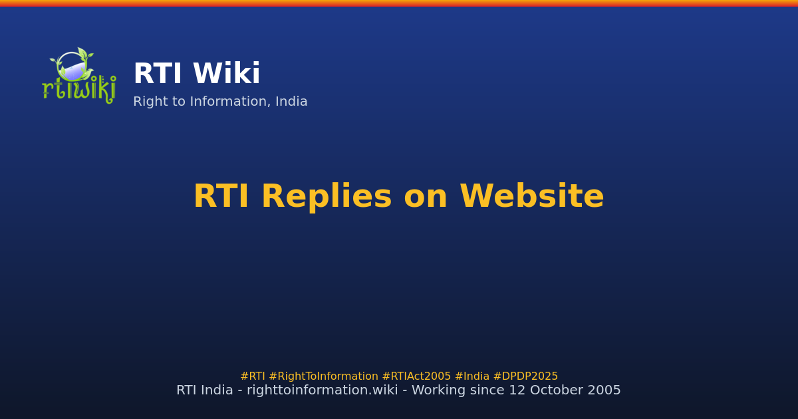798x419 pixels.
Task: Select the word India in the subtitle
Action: (x=291, y=102)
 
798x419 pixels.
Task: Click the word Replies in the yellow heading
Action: (x=327, y=198)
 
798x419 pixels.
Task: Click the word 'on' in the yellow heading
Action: (x=425, y=198)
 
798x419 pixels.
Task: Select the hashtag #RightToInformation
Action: (x=323, y=376)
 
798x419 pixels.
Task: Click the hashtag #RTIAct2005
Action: (x=416, y=376)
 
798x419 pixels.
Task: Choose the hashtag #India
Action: (x=471, y=376)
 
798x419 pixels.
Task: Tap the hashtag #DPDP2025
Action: (x=525, y=376)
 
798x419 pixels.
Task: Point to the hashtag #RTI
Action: (x=253, y=376)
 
